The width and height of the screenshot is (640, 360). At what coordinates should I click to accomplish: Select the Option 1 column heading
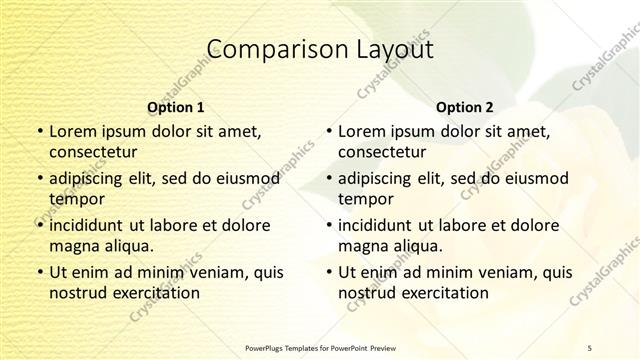[175, 107]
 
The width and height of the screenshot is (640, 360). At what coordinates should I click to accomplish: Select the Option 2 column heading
[464, 107]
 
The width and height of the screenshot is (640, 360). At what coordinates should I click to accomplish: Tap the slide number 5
[589, 347]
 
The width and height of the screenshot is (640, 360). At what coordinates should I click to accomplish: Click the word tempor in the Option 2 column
[366, 199]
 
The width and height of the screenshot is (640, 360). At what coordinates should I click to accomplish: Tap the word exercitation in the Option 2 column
[447, 292]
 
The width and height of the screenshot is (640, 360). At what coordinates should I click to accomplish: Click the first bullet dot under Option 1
[39, 132]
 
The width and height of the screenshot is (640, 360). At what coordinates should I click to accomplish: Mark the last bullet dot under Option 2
[328, 272]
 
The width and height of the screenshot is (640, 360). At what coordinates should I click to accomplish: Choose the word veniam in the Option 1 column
[210, 271]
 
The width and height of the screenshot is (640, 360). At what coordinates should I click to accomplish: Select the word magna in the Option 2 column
[364, 245]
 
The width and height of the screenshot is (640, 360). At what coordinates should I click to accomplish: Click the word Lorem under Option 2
[361, 131]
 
